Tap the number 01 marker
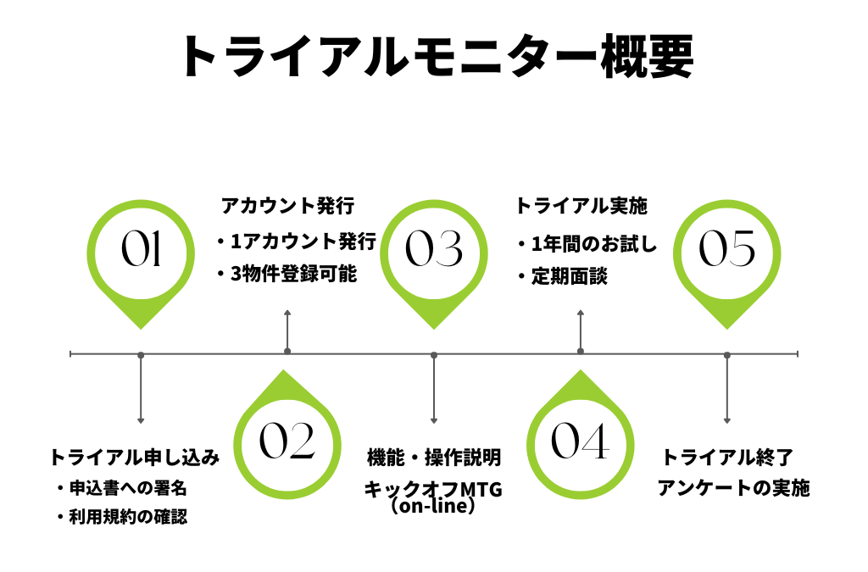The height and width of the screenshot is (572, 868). pyautogui.click(x=141, y=250)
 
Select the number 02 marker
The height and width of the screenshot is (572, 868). pyautogui.click(x=287, y=442)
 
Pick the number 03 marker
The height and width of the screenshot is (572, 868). pyautogui.click(x=434, y=250)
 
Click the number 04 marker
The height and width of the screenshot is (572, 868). pyautogui.click(x=581, y=442)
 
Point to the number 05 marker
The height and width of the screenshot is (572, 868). pyautogui.click(x=727, y=250)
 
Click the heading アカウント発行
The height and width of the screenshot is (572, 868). pyautogui.click(x=287, y=206)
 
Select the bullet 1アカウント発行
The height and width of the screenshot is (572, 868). pyautogui.click(x=296, y=242)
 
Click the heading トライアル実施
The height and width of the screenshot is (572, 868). pyautogui.click(x=581, y=206)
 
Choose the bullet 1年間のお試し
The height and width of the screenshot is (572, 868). pyautogui.click(x=587, y=245)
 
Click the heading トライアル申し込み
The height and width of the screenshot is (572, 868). pyautogui.click(x=135, y=458)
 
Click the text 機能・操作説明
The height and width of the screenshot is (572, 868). pyautogui.click(x=434, y=458)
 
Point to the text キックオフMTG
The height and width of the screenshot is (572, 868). pyautogui.click(x=434, y=489)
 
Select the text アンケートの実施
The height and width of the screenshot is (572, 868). pyautogui.click(x=734, y=489)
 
